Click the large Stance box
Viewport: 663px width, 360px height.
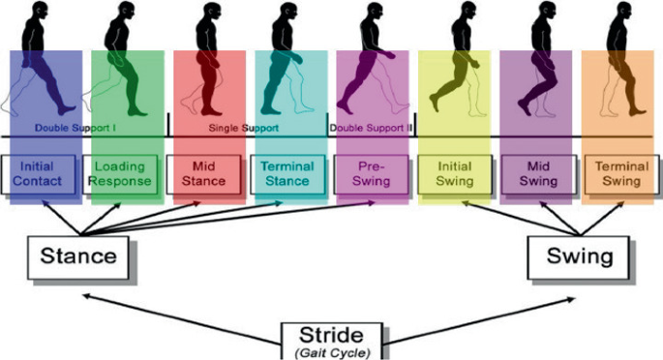coord(77,257)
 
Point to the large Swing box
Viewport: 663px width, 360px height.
coord(580,257)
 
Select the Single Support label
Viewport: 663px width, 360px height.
coord(244,128)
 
